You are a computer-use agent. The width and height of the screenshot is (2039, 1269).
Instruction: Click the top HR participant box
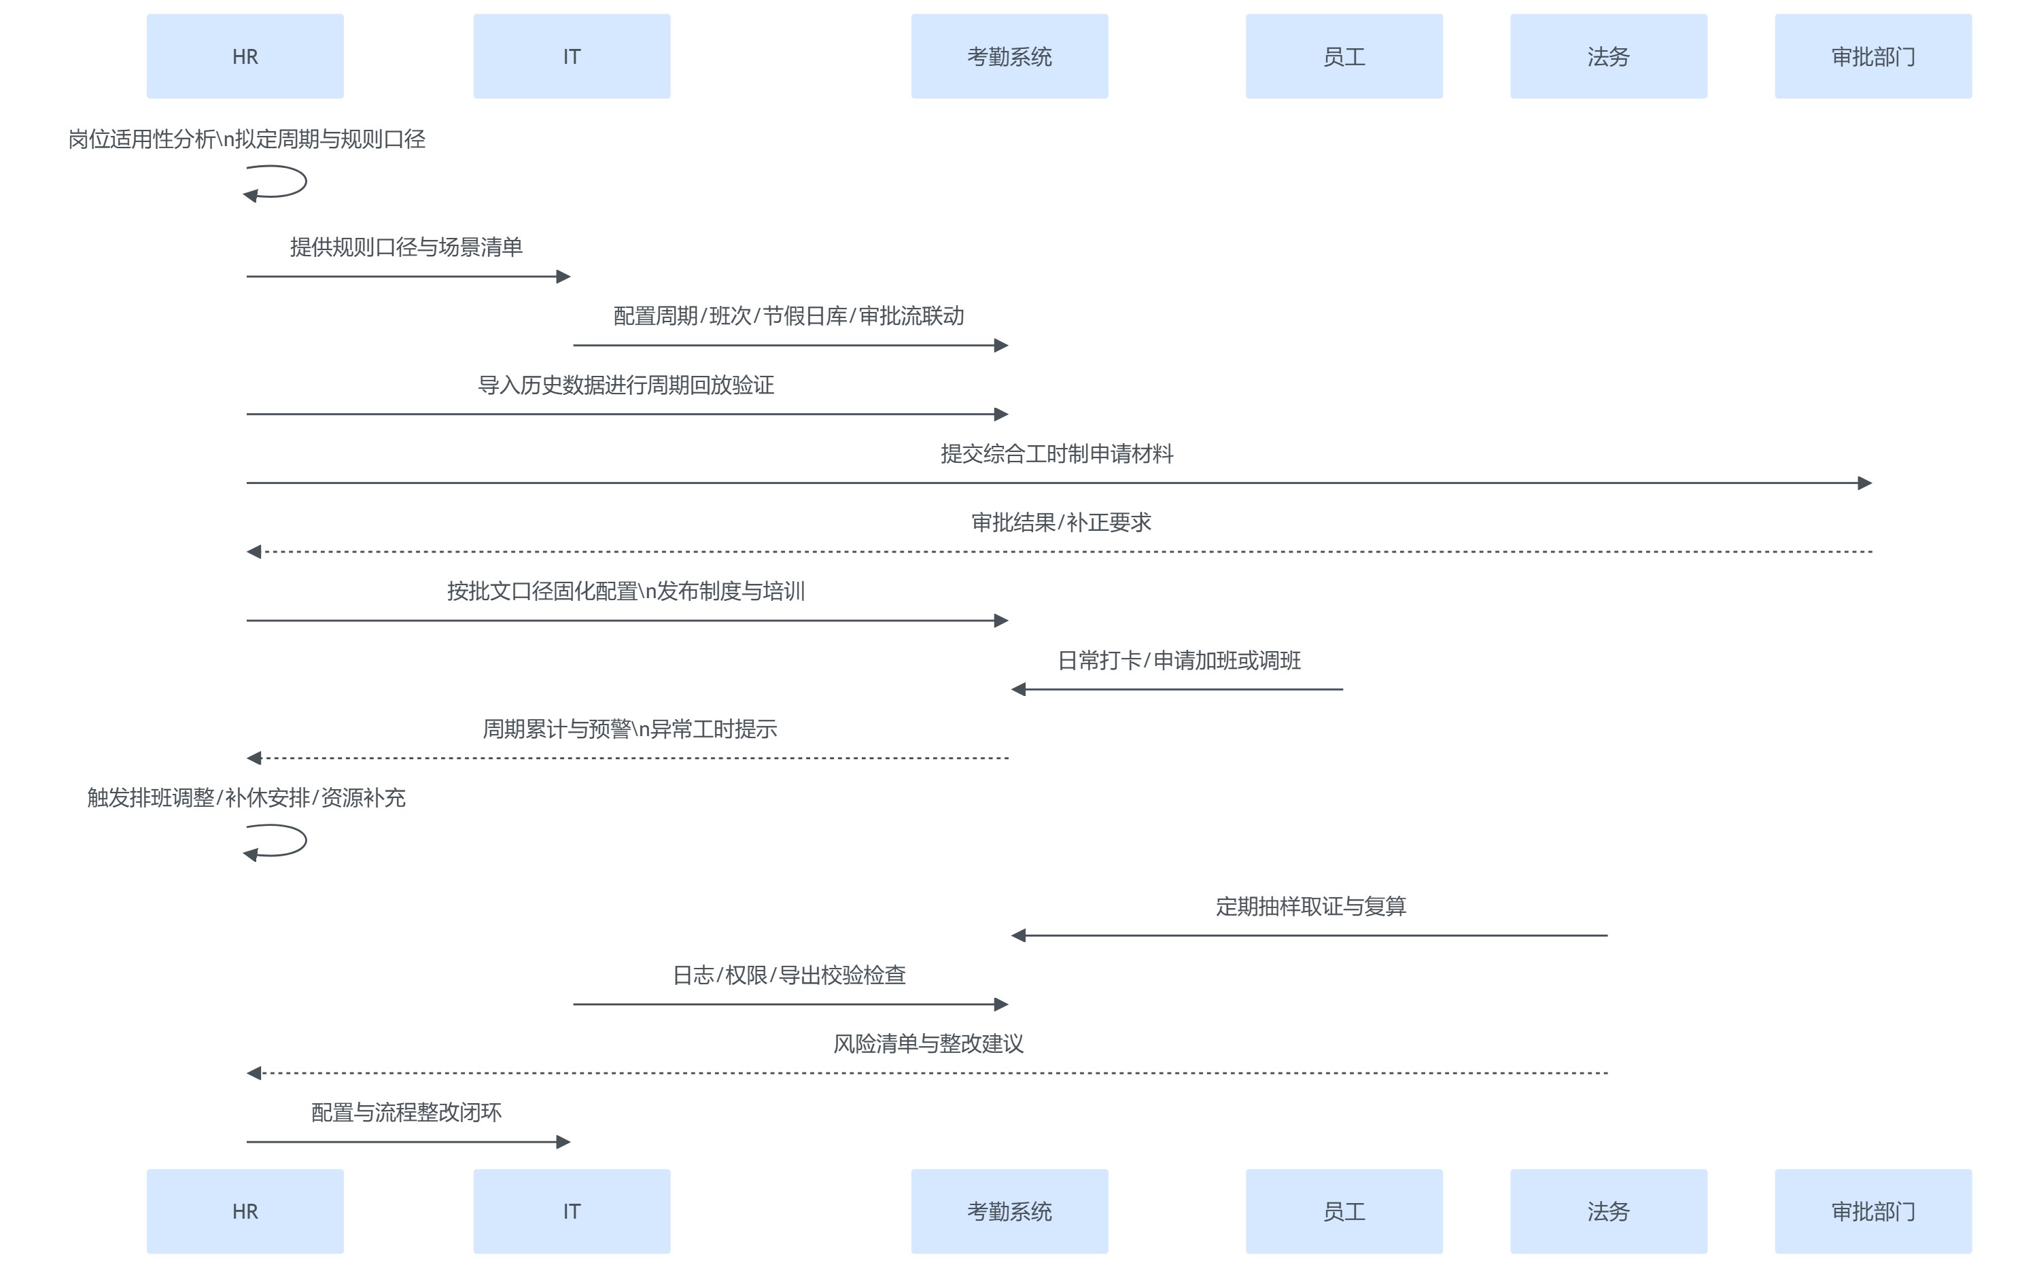[x=245, y=56]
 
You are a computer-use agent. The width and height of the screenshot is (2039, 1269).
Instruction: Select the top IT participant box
[x=572, y=56]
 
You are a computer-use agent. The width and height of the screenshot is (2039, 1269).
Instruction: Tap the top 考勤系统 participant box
[x=1009, y=56]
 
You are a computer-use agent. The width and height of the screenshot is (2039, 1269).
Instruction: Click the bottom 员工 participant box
[x=1344, y=1211]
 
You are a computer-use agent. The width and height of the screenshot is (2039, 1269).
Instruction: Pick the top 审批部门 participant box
[x=1873, y=56]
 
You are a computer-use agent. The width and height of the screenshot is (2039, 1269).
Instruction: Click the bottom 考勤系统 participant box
[x=1009, y=1211]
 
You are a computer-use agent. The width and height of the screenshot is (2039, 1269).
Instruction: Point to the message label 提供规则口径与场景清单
[x=406, y=247]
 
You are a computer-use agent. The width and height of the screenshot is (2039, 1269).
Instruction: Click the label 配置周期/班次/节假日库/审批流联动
[x=788, y=315]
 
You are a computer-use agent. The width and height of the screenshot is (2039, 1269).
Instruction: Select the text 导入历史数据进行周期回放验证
[x=626, y=385]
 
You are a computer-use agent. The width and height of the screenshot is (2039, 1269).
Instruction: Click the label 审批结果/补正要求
[x=1060, y=523]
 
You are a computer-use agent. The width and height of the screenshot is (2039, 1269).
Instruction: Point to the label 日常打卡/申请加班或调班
[x=1179, y=661]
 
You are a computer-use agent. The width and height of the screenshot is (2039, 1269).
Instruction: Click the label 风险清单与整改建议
[x=928, y=1044]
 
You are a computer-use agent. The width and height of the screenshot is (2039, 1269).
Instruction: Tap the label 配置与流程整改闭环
[x=406, y=1113]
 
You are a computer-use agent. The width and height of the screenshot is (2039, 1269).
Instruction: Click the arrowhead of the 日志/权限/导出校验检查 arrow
[x=1001, y=1004]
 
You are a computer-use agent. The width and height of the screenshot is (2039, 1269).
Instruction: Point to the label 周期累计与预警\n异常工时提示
[x=629, y=729]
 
